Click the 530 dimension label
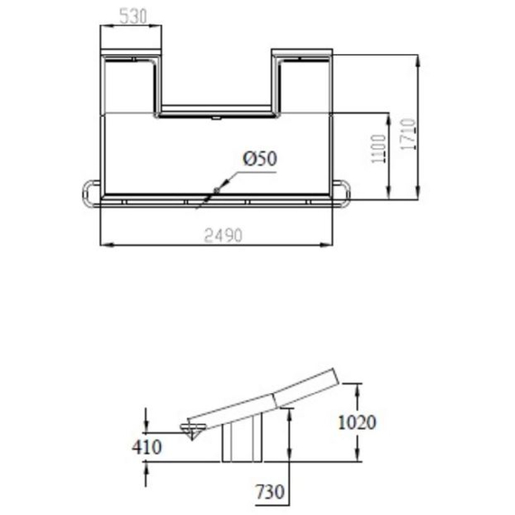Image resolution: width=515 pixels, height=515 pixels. pyautogui.click(x=132, y=15)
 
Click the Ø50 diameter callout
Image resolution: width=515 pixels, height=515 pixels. pyautogui.click(x=258, y=158)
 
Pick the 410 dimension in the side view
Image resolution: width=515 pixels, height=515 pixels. pyautogui.click(x=145, y=447)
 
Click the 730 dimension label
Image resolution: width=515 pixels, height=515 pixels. pyautogui.click(x=270, y=492)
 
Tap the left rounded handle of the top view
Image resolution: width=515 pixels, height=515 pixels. pyautogui.click(x=89, y=191)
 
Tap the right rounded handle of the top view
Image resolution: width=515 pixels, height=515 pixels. pyautogui.click(x=345, y=191)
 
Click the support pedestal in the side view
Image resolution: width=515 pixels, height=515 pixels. pyautogui.click(x=240, y=441)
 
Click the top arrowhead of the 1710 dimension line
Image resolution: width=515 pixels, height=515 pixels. pyautogui.click(x=417, y=58)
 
